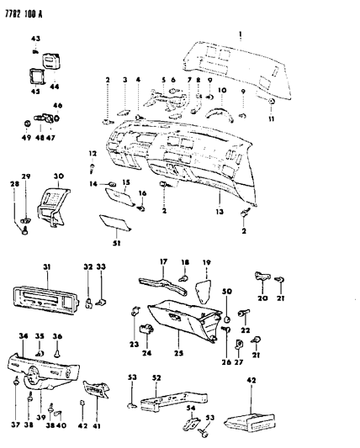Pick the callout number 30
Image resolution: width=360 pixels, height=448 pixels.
click(58, 177)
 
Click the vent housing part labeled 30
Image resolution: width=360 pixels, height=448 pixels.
click(51, 203)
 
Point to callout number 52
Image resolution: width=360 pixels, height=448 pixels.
click(156, 377)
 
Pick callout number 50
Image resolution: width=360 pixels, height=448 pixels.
click(226, 290)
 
